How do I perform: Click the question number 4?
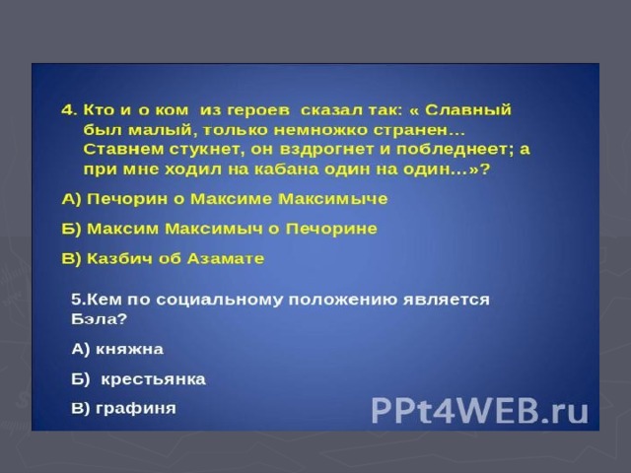69,110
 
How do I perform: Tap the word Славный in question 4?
468,109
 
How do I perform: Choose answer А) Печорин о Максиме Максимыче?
225,199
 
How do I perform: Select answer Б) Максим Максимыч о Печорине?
219,229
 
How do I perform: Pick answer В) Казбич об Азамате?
163,258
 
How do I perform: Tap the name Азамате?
226,258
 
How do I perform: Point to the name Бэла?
99,319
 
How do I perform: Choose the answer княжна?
129,349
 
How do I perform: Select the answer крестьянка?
154,379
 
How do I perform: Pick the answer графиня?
136,409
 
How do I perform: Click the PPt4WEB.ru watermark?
479,410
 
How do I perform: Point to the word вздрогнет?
329,149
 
